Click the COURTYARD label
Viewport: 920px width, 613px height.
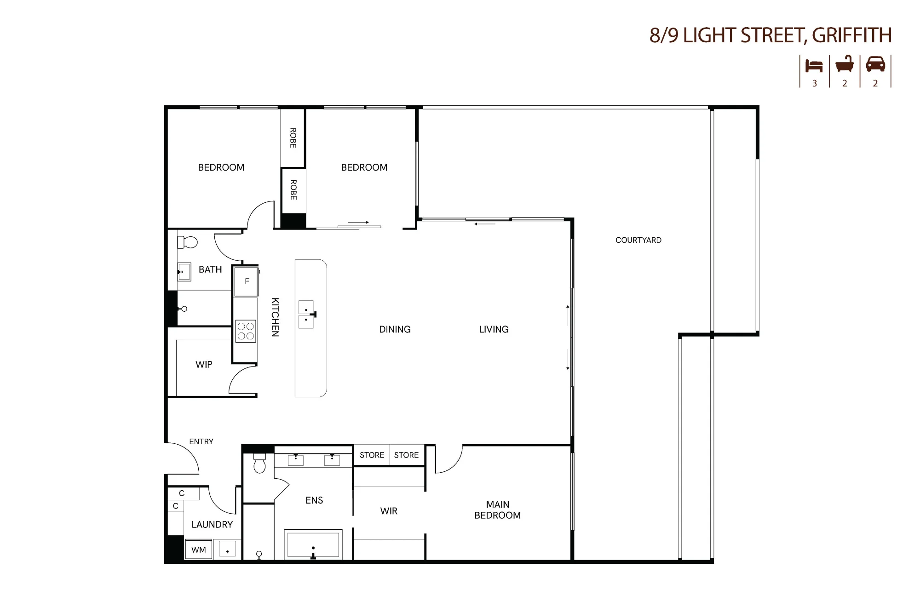coord(638,240)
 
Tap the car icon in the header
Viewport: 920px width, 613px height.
coord(875,64)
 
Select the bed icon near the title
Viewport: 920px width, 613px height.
coord(814,66)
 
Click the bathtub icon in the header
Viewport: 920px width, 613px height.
coord(845,64)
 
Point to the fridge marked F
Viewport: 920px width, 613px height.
coord(247,281)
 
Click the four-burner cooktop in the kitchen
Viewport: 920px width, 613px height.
coord(246,331)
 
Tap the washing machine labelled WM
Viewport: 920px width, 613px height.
coord(199,550)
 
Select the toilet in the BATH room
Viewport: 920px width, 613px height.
coord(187,242)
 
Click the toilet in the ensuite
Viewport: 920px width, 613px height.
coord(259,463)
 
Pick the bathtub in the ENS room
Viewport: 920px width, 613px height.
coord(313,544)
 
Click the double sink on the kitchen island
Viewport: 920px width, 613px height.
coord(306,315)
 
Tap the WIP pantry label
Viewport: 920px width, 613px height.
coord(204,365)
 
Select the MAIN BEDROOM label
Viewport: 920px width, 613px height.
coord(498,510)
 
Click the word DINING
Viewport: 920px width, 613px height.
coord(395,329)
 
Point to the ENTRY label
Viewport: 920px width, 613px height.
coord(201,441)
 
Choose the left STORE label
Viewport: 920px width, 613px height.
coord(372,455)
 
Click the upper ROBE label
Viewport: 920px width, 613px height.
coord(293,138)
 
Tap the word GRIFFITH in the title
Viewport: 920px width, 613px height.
coord(852,35)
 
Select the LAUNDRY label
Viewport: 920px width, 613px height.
coord(212,525)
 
